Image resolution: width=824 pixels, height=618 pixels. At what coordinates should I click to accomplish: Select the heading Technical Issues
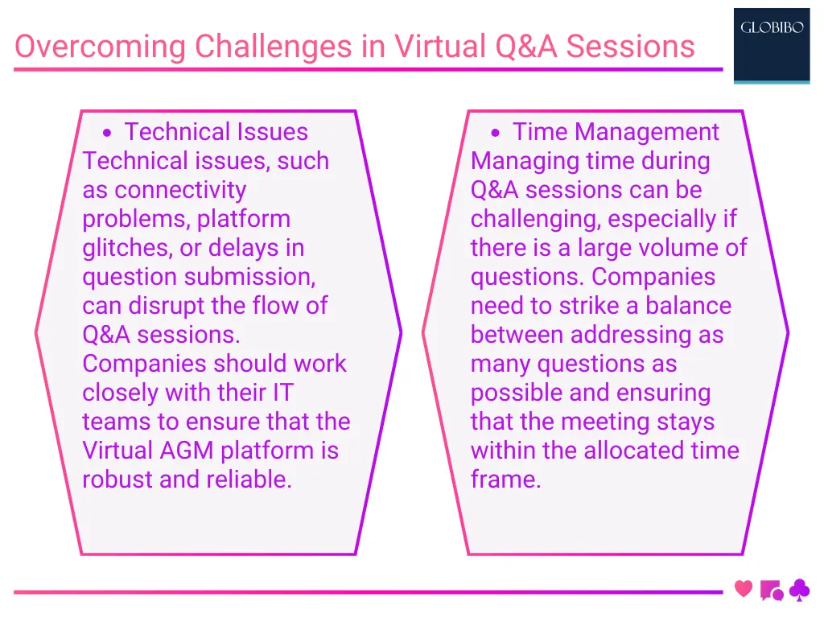pos(216,132)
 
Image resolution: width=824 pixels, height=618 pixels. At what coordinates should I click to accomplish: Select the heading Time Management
pos(616,132)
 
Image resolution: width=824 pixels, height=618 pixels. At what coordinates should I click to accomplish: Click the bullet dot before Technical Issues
pos(107,133)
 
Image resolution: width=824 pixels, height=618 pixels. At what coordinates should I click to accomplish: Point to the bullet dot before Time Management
pos(496,133)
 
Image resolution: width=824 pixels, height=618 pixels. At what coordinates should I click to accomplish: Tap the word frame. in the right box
pos(506,480)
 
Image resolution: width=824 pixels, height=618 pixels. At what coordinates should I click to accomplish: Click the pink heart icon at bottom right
pos(744,589)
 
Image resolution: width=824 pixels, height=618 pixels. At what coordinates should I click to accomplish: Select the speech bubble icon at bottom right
pos(771,591)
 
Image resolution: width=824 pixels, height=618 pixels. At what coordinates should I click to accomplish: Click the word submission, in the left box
pos(250,277)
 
